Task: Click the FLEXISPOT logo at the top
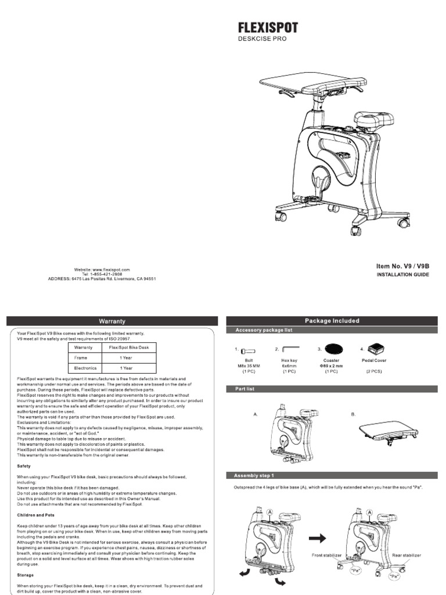coord(268,27)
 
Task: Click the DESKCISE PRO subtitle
coord(262,39)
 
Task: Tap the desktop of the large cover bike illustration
coord(304,82)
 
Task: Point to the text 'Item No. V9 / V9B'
coord(402,266)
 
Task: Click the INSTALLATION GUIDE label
coord(402,275)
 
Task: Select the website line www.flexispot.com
coord(102,270)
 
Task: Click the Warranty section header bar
coord(112,321)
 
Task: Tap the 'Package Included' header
coord(332,321)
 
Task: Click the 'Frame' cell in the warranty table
coord(81,358)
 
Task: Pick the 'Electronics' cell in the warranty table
coord(84,368)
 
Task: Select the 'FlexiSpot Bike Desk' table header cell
coord(128,347)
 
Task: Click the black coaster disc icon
coord(333,349)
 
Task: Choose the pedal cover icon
coord(376,349)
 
